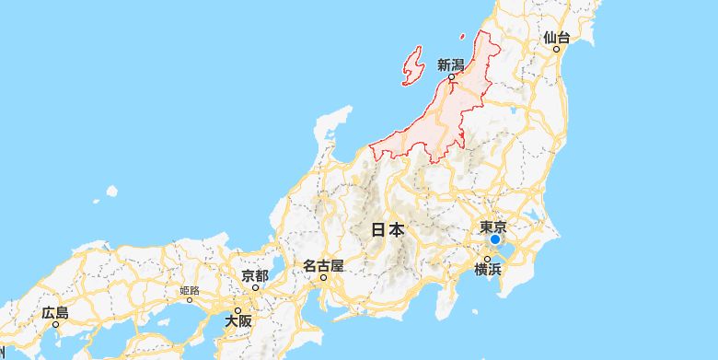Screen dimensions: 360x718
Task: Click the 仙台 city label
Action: [x=557, y=38]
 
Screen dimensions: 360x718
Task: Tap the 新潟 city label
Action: [x=451, y=65]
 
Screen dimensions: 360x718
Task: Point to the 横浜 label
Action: [x=488, y=269]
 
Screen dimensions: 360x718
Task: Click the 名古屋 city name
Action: [x=323, y=265]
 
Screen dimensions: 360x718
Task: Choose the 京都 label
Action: [x=255, y=275]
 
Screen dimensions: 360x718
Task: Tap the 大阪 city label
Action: [x=237, y=321]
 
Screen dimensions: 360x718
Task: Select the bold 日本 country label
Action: [x=388, y=229]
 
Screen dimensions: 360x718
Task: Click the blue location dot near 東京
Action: [x=494, y=240]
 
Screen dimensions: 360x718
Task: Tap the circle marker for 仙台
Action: [x=557, y=49]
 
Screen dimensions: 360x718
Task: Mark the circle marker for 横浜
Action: [x=488, y=259]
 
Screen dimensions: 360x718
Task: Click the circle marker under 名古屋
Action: [x=323, y=276]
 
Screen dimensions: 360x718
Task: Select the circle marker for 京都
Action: [x=255, y=286]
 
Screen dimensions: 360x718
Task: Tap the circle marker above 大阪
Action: [x=237, y=311]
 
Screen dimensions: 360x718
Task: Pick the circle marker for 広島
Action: [x=55, y=324]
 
